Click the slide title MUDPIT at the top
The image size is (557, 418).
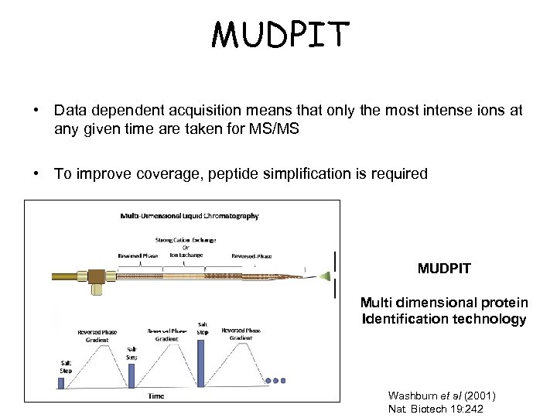(280, 34)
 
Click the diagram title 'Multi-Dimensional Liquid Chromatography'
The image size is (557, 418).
(190, 216)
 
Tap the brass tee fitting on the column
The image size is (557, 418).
(97, 276)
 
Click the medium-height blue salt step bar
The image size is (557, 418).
(132, 375)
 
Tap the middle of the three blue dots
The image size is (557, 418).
(275, 381)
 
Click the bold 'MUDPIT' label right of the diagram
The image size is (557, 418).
(444, 269)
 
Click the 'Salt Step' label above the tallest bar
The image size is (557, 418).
(203, 328)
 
